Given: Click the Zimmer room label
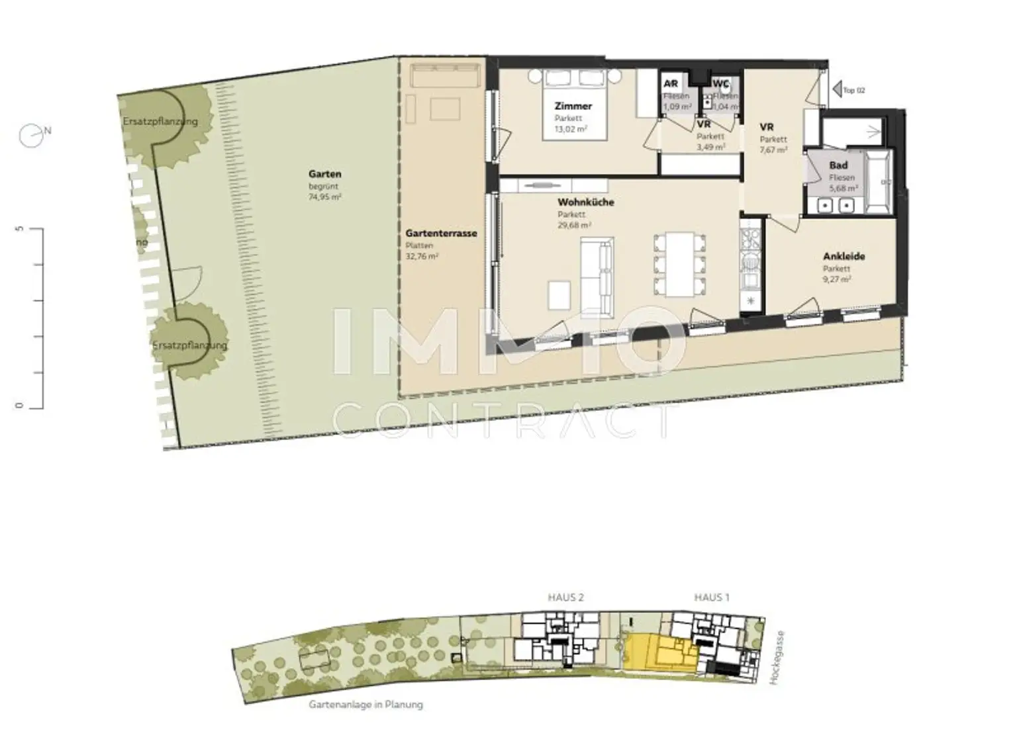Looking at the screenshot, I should pyautogui.click(x=573, y=106).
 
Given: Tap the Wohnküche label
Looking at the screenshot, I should pyautogui.click(x=585, y=202).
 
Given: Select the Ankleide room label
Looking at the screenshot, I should pyautogui.click(x=844, y=257).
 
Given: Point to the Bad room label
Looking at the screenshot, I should pyautogui.click(x=838, y=165).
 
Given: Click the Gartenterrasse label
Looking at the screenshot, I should pyautogui.click(x=441, y=234).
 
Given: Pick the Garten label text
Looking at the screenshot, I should pyautogui.click(x=324, y=175).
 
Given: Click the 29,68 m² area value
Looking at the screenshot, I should pyautogui.click(x=574, y=225).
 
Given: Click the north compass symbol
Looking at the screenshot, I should pyautogui.click(x=32, y=135).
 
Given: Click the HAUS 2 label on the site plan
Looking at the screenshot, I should pyautogui.click(x=565, y=597).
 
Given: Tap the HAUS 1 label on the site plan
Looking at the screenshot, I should pyautogui.click(x=711, y=597).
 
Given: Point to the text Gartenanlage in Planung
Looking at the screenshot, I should pyautogui.click(x=365, y=705).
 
